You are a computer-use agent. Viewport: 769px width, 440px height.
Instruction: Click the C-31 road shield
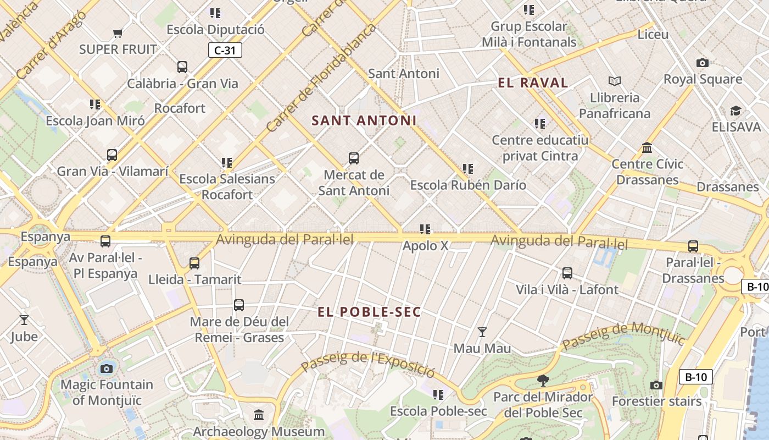225,51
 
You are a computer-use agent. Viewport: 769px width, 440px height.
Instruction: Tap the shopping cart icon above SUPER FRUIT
118,34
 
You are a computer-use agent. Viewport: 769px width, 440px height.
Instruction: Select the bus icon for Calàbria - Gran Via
182,67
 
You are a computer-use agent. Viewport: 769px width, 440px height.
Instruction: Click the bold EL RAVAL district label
532,83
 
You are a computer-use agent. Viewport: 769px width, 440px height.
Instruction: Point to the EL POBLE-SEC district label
369,312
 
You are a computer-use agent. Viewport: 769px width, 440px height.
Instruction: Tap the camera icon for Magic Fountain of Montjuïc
107,368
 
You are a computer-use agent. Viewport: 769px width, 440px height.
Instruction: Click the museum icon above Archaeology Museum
259,415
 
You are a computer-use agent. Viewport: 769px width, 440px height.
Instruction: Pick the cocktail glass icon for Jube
24,320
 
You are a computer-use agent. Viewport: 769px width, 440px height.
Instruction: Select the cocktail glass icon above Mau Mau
482,332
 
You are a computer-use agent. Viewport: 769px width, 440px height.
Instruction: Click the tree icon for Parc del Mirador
543,380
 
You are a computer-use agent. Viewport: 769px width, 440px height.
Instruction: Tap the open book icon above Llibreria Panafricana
615,81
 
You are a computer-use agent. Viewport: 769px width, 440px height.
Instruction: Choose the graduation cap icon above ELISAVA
735,111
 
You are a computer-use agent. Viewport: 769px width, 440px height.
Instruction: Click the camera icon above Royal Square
702,63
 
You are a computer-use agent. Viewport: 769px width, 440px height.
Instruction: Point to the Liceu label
653,35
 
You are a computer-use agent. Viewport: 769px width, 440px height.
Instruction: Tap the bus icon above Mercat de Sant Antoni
354,158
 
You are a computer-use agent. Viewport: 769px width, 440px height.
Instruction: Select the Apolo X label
425,246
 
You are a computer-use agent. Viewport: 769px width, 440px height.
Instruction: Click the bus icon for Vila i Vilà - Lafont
567,273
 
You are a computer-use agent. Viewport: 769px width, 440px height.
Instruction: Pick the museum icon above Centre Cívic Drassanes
647,148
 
